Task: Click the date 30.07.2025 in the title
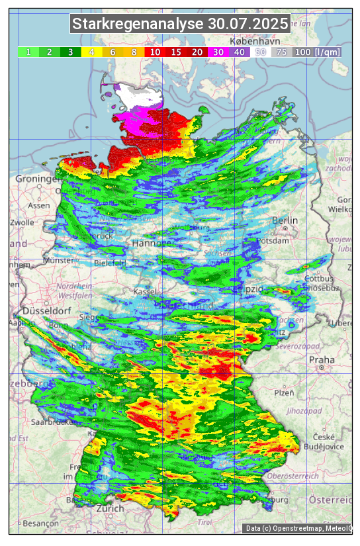point(248,24)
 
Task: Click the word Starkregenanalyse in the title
point(138,24)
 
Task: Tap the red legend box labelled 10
point(155,52)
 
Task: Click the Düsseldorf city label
point(46,311)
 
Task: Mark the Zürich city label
point(110,508)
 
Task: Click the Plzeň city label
point(284,392)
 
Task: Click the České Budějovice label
point(328,441)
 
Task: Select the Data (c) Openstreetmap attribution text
point(297,528)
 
